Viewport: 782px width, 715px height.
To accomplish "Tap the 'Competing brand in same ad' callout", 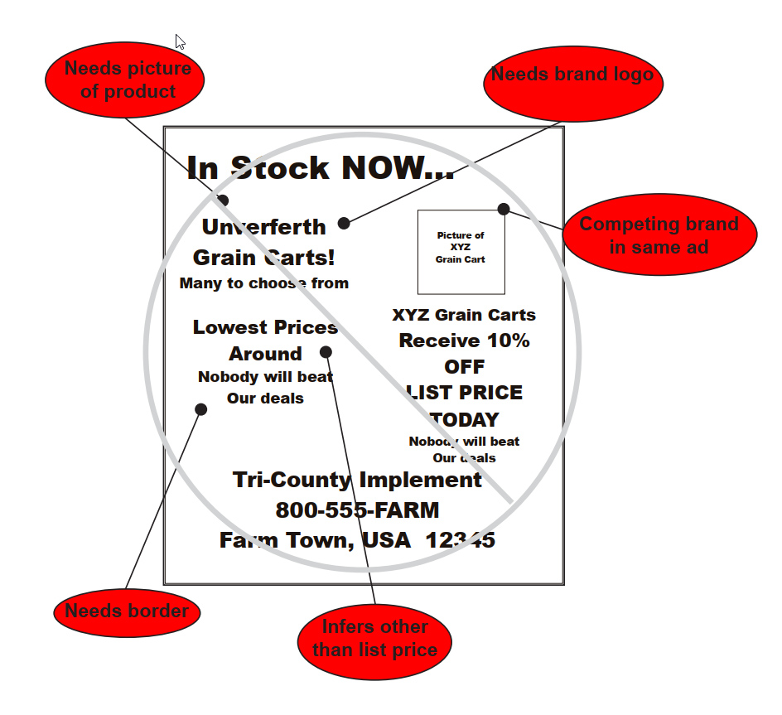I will (659, 234).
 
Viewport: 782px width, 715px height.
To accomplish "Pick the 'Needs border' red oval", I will (127, 611).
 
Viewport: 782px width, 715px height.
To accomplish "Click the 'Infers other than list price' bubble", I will (374, 638).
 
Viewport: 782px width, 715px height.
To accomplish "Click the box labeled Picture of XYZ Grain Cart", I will (461, 251).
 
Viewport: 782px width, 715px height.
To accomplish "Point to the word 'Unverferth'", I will (263, 227).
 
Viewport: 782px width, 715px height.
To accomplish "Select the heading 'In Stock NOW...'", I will (320, 167).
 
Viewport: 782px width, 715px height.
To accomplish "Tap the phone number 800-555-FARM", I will (357, 510).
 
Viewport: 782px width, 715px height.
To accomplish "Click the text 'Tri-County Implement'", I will (357, 480).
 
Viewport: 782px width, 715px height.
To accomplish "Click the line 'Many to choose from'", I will (263, 283).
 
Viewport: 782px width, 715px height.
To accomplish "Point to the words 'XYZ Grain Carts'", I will (463, 315).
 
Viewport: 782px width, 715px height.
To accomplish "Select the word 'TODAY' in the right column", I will (464, 419).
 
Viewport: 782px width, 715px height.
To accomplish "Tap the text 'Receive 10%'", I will (463, 341).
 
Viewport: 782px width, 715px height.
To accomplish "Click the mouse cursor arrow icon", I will (181, 42).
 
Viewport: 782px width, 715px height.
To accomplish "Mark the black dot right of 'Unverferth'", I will (344, 223).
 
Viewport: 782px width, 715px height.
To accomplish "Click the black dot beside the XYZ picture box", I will (504, 209).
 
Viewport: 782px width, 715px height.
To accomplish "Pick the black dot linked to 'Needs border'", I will (200, 409).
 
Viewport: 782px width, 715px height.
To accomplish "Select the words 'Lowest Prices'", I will (265, 327).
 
